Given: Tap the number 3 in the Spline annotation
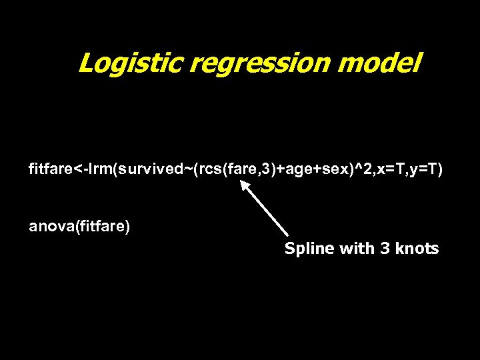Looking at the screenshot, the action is [x=367, y=249].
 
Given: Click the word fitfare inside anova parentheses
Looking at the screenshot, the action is [x=102, y=227].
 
